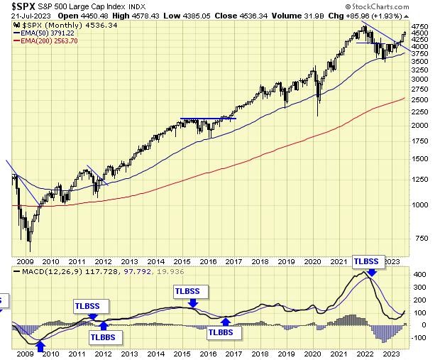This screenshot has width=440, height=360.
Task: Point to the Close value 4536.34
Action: [x=260, y=15]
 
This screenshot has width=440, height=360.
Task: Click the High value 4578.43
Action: [x=149, y=15]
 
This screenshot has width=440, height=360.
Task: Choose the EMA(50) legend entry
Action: [x=50, y=31]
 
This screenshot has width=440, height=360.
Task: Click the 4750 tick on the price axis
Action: [x=420, y=26]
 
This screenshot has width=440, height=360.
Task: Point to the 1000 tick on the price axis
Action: [x=420, y=204]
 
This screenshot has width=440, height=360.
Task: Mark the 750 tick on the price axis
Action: [x=420, y=238]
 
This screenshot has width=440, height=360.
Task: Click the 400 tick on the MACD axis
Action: [x=419, y=275]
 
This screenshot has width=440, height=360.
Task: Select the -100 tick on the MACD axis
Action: [x=419, y=338]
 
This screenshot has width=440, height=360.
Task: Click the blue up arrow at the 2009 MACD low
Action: [x=40, y=346]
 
